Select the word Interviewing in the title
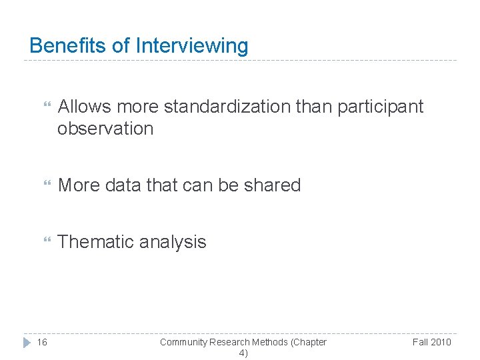192,47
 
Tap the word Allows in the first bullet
85,107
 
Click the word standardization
227,107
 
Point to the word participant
381,107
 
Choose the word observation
105,129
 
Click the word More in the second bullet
78,185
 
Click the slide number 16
42,342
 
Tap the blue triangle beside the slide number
27,342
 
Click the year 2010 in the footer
441,342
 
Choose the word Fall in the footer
421,342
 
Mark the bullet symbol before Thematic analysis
46,242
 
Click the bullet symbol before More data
46,185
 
